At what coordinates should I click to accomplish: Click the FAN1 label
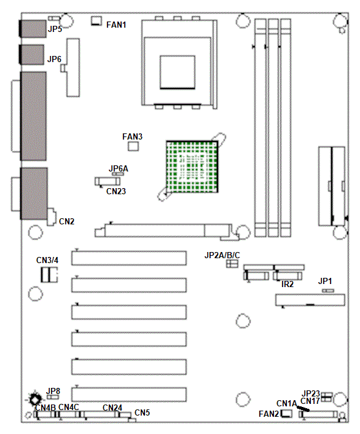point(116,25)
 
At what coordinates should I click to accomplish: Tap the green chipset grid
point(192,167)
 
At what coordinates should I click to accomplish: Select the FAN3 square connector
point(133,146)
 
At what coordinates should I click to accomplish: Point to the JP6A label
point(119,168)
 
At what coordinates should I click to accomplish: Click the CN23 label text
point(116,191)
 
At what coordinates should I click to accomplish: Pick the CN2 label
point(67,221)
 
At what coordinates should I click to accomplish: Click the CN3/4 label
point(47,260)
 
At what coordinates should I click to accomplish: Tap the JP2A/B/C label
point(222,255)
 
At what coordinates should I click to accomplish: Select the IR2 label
point(288,284)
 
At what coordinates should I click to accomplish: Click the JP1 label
point(325,281)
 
